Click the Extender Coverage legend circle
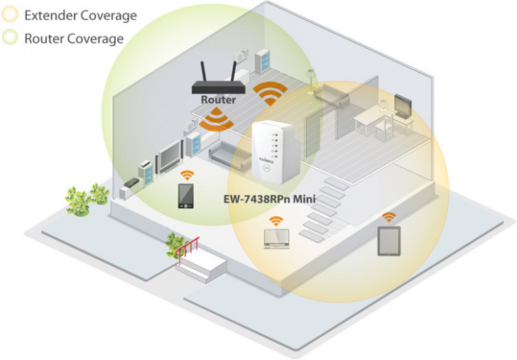tap(11, 14)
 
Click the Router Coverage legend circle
tap(11, 38)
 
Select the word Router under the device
tap(218, 100)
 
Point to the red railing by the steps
tap(187, 250)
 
